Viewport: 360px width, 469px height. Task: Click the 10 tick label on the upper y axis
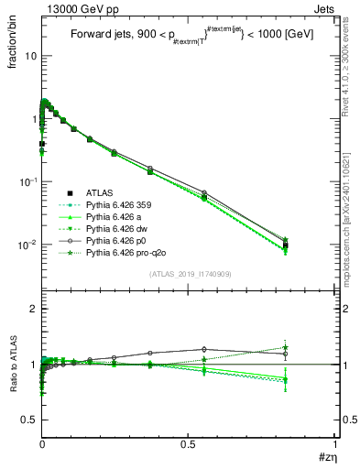(x=29, y=55)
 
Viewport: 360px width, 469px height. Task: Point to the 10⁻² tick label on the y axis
(x=27, y=245)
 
